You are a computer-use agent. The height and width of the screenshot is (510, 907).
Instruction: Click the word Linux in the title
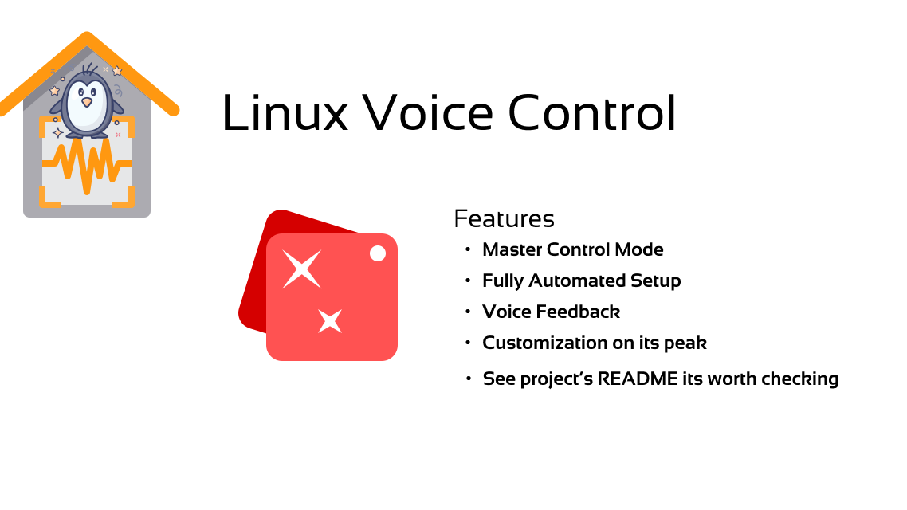pyautogui.click(x=285, y=112)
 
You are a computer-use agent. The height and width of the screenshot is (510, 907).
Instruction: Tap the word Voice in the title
pyautogui.click(x=428, y=112)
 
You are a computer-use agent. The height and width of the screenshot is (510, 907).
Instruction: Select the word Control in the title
pyautogui.click(x=592, y=112)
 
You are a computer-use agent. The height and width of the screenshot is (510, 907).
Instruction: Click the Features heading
pyautogui.click(x=504, y=218)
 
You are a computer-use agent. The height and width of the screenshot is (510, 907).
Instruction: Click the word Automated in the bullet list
pyautogui.click(x=577, y=280)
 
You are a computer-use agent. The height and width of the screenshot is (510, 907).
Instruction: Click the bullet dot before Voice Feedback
pyautogui.click(x=468, y=312)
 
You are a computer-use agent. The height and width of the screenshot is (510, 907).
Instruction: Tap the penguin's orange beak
pyautogui.click(x=87, y=102)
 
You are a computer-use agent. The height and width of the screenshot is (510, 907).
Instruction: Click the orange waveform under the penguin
pyautogui.click(x=87, y=165)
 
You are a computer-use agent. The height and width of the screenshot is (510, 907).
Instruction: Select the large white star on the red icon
pyautogui.click(x=301, y=269)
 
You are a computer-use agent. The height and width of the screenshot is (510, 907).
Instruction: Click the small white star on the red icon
pyautogui.click(x=330, y=321)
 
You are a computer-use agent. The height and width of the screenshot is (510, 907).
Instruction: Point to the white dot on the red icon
pyautogui.click(x=378, y=253)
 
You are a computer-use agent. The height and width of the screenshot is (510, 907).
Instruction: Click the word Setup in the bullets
pyautogui.click(x=655, y=281)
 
